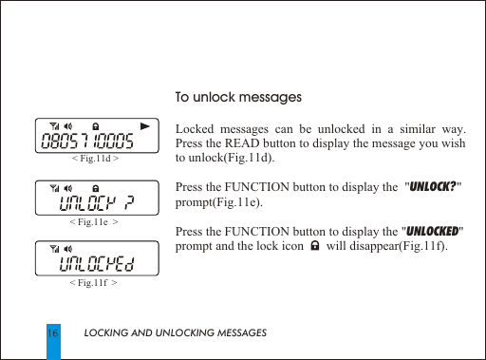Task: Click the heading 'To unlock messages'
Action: point(239,98)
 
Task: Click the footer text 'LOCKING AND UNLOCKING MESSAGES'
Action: point(175,333)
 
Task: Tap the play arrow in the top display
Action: point(144,125)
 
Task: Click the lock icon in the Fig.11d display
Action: point(96,125)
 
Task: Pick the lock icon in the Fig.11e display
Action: point(96,186)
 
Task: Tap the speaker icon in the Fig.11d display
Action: point(70,125)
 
